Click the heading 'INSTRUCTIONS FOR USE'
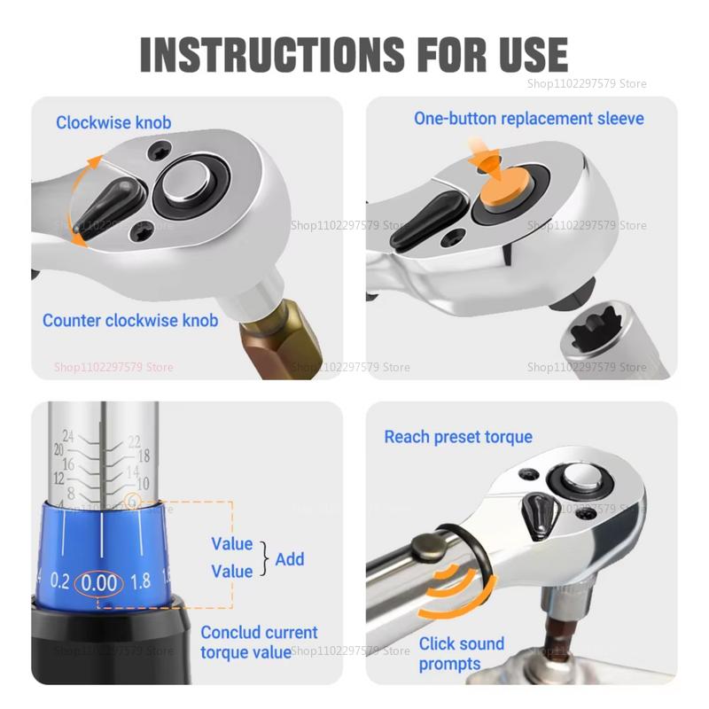point(354,54)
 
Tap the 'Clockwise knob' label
point(113,122)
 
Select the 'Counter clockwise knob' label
point(130,320)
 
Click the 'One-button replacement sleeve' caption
point(529,118)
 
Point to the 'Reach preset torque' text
point(458,437)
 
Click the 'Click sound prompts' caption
point(461,654)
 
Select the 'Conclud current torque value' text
point(259,643)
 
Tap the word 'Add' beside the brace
point(289,558)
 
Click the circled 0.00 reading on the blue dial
point(98,582)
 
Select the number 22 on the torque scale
point(134,440)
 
